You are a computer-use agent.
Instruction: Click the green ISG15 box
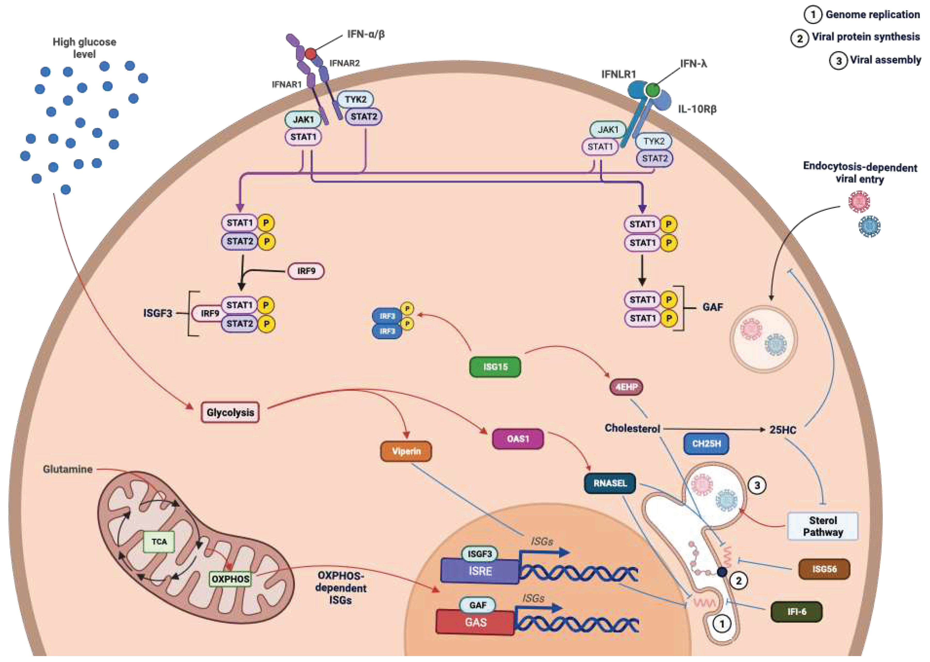tap(495, 366)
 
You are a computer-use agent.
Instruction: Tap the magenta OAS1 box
tap(518, 439)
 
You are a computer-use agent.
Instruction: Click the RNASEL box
tap(610, 483)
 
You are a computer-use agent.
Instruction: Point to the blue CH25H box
tap(707, 443)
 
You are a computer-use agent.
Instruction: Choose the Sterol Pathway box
tap(823, 526)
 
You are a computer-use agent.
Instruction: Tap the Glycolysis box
tap(230, 412)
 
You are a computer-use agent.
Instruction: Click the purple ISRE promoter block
tap(480, 571)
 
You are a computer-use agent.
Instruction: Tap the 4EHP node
tap(626, 387)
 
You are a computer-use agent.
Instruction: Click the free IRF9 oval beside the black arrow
tap(306, 271)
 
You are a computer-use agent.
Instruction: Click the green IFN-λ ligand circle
tap(653, 89)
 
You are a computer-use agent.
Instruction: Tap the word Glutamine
tap(68, 469)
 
